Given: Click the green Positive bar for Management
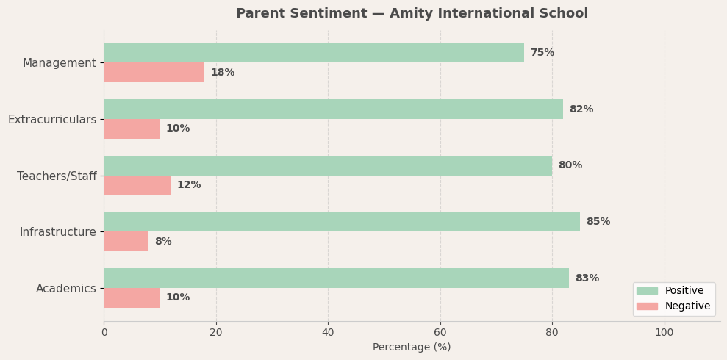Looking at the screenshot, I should pyautogui.click(x=314, y=53).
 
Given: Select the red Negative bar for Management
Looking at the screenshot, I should pyautogui.click(x=154, y=73).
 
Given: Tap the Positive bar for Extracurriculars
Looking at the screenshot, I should pyautogui.click(x=333, y=109).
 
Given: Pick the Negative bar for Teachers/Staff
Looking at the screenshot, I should pyautogui.click(x=137, y=185).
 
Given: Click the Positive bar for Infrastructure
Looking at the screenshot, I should pyautogui.click(x=342, y=222).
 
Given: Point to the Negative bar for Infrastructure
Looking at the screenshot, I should pyautogui.click(x=126, y=242).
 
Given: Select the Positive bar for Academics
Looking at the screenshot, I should pyautogui.click(x=336, y=278).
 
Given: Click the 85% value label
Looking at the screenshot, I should pyautogui.click(x=598, y=222).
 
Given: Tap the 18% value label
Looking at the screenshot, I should pyautogui.click(x=223, y=73).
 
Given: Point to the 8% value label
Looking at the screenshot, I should pyautogui.click(x=163, y=242).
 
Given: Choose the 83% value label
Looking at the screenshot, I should pyautogui.click(x=587, y=278).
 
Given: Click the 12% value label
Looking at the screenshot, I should pyautogui.click(x=189, y=185).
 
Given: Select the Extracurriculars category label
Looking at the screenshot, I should pyautogui.click(x=52, y=120).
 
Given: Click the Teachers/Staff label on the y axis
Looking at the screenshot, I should pyautogui.click(x=57, y=176).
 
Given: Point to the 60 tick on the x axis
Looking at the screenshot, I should pyautogui.click(x=440, y=332).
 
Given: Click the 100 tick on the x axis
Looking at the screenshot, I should pyautogui.click(x=665, y=332).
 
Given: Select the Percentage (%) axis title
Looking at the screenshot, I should pyautogui.click(x=412, y=348).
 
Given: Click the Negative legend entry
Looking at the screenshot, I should pyautogui.click(x=687, y=306).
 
